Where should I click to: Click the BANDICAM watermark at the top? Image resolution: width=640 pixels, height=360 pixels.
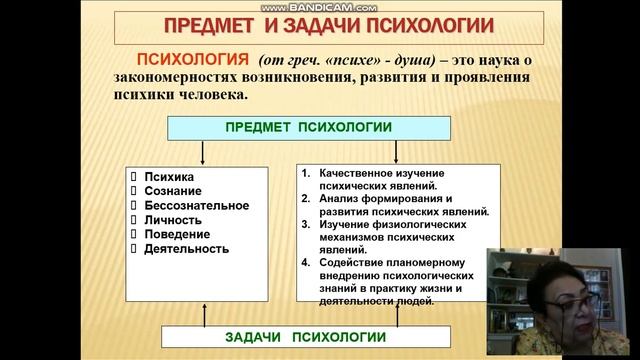[x=320, y=6]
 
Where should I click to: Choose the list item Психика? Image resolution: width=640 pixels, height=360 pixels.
[x=169, y=176]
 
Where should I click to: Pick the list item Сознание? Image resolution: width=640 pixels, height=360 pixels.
[x=173, y=190]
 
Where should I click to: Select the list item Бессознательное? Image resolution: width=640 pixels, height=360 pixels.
[x=195, y=205]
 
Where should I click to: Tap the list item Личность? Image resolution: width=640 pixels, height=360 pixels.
[x=173, y=219]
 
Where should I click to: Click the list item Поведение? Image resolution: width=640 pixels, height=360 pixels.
[x=176, y=234]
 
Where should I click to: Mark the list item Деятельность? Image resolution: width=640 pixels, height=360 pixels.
[x=187, y=248]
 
